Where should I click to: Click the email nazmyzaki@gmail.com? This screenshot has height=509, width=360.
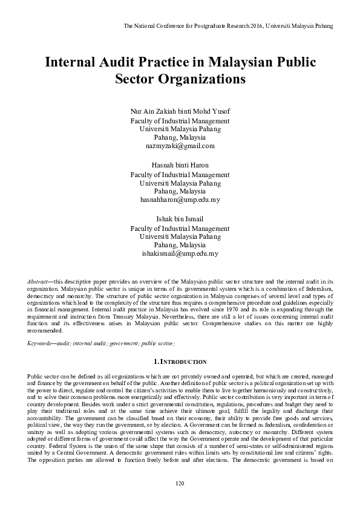coord(180,146)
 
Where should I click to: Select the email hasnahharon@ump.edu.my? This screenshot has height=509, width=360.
coord(180,199)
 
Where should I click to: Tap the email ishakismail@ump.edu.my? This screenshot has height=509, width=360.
coord(180,253)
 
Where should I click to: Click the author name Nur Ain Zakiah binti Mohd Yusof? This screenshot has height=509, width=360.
coord(180,112)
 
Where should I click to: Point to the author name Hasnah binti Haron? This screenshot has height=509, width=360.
coord(180,166)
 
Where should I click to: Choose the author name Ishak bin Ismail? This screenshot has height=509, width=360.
coord(180,219)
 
